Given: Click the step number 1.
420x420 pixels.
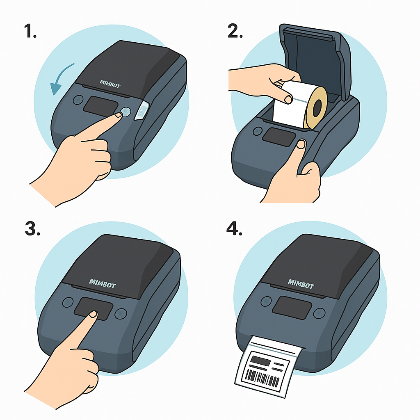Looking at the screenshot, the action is click(30, 31).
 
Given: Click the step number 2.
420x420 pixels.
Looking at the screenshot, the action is click(235, 31).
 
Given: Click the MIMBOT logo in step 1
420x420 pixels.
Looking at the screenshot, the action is click(110, 84).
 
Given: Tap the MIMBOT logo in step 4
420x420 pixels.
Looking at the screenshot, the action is click(301, 284).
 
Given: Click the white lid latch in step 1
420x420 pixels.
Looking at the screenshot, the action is click(141, 110).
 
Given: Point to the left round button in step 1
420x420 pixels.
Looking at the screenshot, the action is click(78, 100).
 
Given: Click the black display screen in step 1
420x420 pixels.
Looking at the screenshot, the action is click(101, 106).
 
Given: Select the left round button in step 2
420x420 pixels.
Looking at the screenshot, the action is click(258, 131).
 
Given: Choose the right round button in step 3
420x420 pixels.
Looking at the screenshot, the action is click(121, 313).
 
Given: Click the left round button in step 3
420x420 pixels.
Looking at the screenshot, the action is click(68, 302).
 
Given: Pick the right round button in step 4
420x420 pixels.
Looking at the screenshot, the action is click(319, 313).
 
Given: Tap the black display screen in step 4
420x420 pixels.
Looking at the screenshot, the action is click(292, 308).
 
